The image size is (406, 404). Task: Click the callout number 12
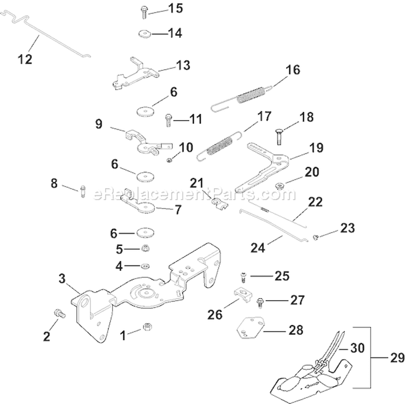25,58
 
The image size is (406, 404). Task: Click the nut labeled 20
280,187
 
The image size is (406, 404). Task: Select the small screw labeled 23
316,237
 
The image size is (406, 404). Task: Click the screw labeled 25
243,277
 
